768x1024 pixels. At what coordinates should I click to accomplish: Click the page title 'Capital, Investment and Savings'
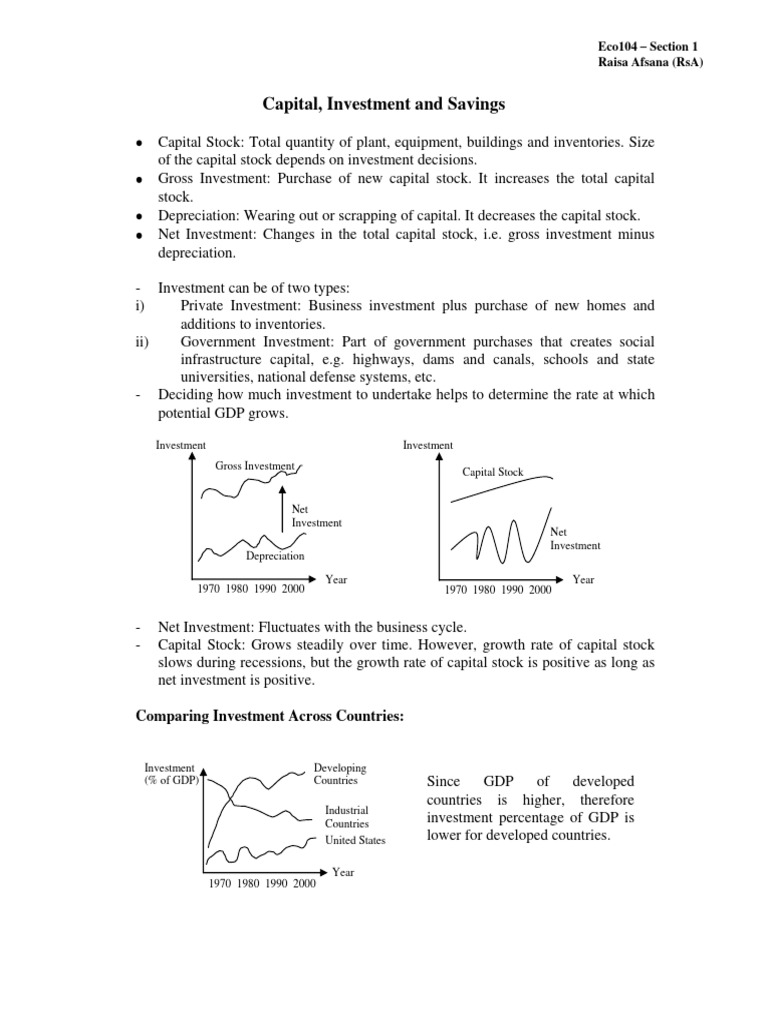click(383, 102)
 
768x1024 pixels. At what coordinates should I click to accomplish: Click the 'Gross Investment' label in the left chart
click(255, 466)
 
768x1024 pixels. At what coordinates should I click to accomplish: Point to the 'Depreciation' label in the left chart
click(275, 556)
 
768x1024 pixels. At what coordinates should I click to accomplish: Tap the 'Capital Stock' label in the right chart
click(493, 471)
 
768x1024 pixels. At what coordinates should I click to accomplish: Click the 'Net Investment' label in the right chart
click(575, 539)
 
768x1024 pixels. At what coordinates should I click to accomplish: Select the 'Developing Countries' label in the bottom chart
click(340, 774)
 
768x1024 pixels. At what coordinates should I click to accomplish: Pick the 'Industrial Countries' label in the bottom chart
click(347, 816)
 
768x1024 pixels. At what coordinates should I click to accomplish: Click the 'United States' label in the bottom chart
click(355, 840)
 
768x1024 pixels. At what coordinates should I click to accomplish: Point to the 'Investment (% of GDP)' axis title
click(172, 774)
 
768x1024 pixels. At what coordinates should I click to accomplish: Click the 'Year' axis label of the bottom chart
click(343, 872)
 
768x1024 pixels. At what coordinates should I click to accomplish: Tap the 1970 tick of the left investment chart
click(209, 590)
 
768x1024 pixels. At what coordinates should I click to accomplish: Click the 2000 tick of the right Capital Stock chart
click(540, 590)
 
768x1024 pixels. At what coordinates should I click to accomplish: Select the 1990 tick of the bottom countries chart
click(277, 884)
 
